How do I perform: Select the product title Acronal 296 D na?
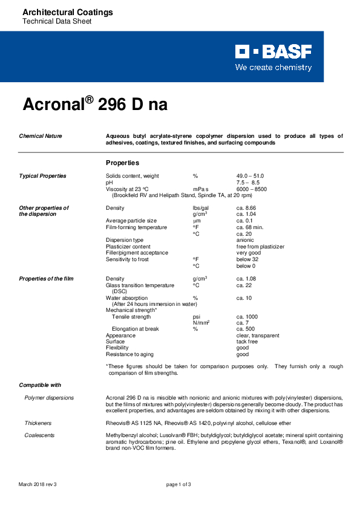[95, 105]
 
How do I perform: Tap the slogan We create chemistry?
[273, 68]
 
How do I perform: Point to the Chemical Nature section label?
[41, 136]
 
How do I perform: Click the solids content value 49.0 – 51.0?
[250, 176]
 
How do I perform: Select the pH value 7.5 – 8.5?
[247, 182]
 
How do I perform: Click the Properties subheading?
[122, 163]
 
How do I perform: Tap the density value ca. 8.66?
[247, 208]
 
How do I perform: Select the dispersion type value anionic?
[245, 240]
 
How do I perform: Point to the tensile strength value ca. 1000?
[247, 317]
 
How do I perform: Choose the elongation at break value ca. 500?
[246, 329]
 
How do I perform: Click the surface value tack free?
[247, 342]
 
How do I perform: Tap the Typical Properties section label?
[42, 176]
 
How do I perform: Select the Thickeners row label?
[38, 423]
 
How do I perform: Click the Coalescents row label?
[38, 435]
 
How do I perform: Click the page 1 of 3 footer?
[178, 485]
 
